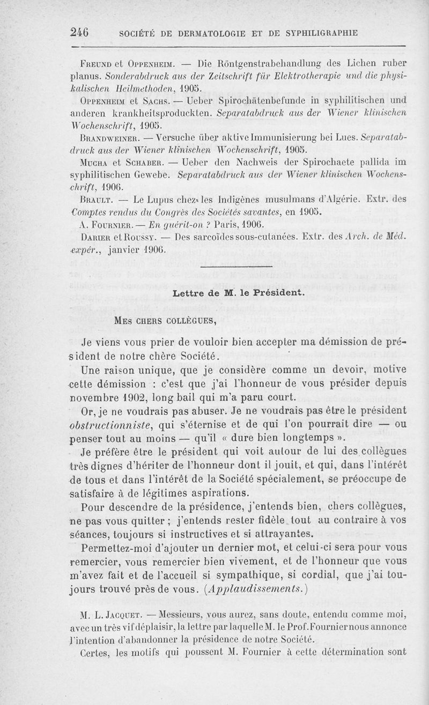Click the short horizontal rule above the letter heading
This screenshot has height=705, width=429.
pos(236,266)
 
